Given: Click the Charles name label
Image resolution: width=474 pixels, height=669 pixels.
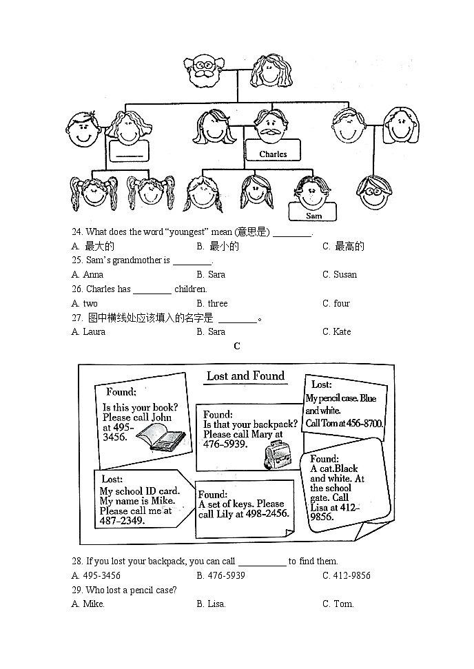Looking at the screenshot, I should [273, 154].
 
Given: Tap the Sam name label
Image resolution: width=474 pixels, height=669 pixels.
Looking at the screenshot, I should [313, 216].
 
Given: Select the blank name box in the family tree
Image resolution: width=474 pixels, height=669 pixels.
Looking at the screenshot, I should [130, 152].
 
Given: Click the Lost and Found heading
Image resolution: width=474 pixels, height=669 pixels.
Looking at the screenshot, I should [245, 376].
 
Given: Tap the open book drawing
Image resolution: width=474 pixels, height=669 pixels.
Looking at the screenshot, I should [160, 437].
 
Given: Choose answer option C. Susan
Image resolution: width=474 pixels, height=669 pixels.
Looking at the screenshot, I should [340, 274].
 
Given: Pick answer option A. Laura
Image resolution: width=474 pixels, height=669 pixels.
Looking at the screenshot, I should [88, 331].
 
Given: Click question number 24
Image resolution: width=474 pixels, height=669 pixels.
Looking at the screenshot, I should [76, 231].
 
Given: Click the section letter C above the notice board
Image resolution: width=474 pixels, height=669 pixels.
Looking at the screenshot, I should [237, 347].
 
